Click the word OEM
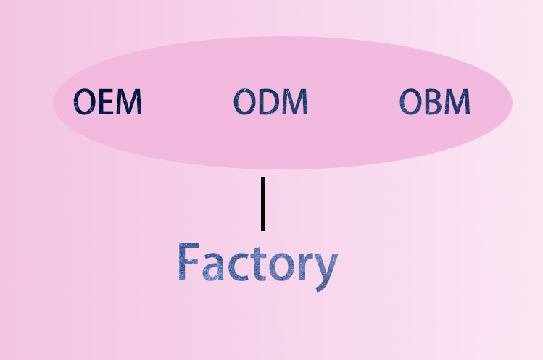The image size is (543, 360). [108, 102]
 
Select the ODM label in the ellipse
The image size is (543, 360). [270, 102]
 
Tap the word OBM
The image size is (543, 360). [435, 102]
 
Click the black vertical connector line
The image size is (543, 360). [262, 204]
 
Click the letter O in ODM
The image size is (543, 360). [244, 102]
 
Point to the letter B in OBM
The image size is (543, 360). [434, 102]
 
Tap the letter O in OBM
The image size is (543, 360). [411, 102]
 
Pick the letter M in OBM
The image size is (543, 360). [457, 102]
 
